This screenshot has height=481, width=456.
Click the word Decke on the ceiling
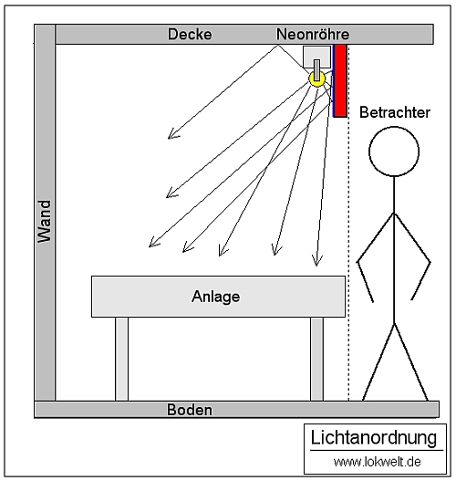pyautogui.click(x=190, y=34)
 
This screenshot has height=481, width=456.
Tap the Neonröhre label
pyautogui.click(x=313, y=34)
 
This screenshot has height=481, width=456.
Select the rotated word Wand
pyautogui.click(x=45, y=222)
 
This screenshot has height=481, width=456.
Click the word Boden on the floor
pyautogui.click(x=190, y=410)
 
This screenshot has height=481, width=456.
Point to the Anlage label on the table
pyautogui.click(x=216, y=297)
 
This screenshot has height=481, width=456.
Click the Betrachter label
pyautogui.click(x=395, y=112)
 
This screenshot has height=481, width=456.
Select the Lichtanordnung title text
pyautogui.click(x=374, y=437)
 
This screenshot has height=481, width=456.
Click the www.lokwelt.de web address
pyautogui.click(x=377, y=462)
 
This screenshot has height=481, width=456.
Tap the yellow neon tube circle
pyautogui.click(x=316, y=78)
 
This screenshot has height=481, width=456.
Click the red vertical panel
pyautogui.click(x=340, y=80)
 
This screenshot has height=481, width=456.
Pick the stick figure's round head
pyautogui.click(x=394, y=152)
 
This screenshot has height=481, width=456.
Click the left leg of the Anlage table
pyautogui.click(x=121, y=359)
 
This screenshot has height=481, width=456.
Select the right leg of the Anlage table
pyautogui.click(x=316, y=359)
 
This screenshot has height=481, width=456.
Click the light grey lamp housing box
pyautogui.click(x=316, y=58)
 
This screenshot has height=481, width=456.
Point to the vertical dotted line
pyautogui.click(x=348, y=258)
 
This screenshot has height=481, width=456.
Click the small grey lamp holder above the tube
pyautogui.click(x=316, y=70)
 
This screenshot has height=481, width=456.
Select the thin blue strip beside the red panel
pyautogui.click(x=333, y=80)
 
